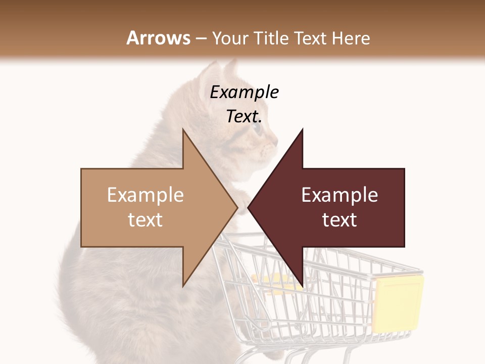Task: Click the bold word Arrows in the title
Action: pos(159,38)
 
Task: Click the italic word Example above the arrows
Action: pos(244,93)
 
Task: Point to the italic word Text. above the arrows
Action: pos(244,116)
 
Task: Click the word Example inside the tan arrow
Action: pos(145,195)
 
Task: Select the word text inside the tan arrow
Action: pos(145,220)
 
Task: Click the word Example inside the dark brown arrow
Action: pos(339,195)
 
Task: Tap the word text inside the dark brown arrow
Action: pos(339,220)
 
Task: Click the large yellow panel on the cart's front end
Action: pos(398,303)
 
